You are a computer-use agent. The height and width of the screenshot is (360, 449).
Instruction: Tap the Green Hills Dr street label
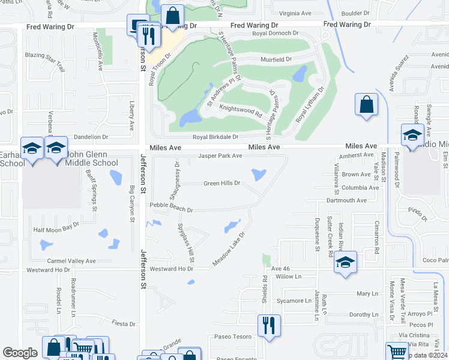[221, 183]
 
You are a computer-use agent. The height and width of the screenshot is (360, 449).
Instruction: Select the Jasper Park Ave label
[220, 156]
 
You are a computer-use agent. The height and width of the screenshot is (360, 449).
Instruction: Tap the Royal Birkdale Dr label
[215, 137]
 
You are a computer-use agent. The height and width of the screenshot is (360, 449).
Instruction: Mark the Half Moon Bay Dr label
[56, 228]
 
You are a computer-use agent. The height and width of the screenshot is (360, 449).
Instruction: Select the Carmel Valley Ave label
[71, 261]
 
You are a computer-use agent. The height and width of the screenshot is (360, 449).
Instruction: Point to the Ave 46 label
[280, 269]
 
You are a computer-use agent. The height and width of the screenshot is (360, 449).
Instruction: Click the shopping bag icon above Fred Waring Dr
[173, 16]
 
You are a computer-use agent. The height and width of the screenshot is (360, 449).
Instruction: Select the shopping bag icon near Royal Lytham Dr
[366, 104]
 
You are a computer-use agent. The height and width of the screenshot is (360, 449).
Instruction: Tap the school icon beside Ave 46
[345, 262]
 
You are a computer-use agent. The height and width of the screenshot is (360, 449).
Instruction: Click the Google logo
[20, 353]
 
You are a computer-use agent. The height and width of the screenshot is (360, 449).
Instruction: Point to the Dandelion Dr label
[91, 137]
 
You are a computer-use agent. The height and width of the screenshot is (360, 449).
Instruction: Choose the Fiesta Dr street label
[124, 323]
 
